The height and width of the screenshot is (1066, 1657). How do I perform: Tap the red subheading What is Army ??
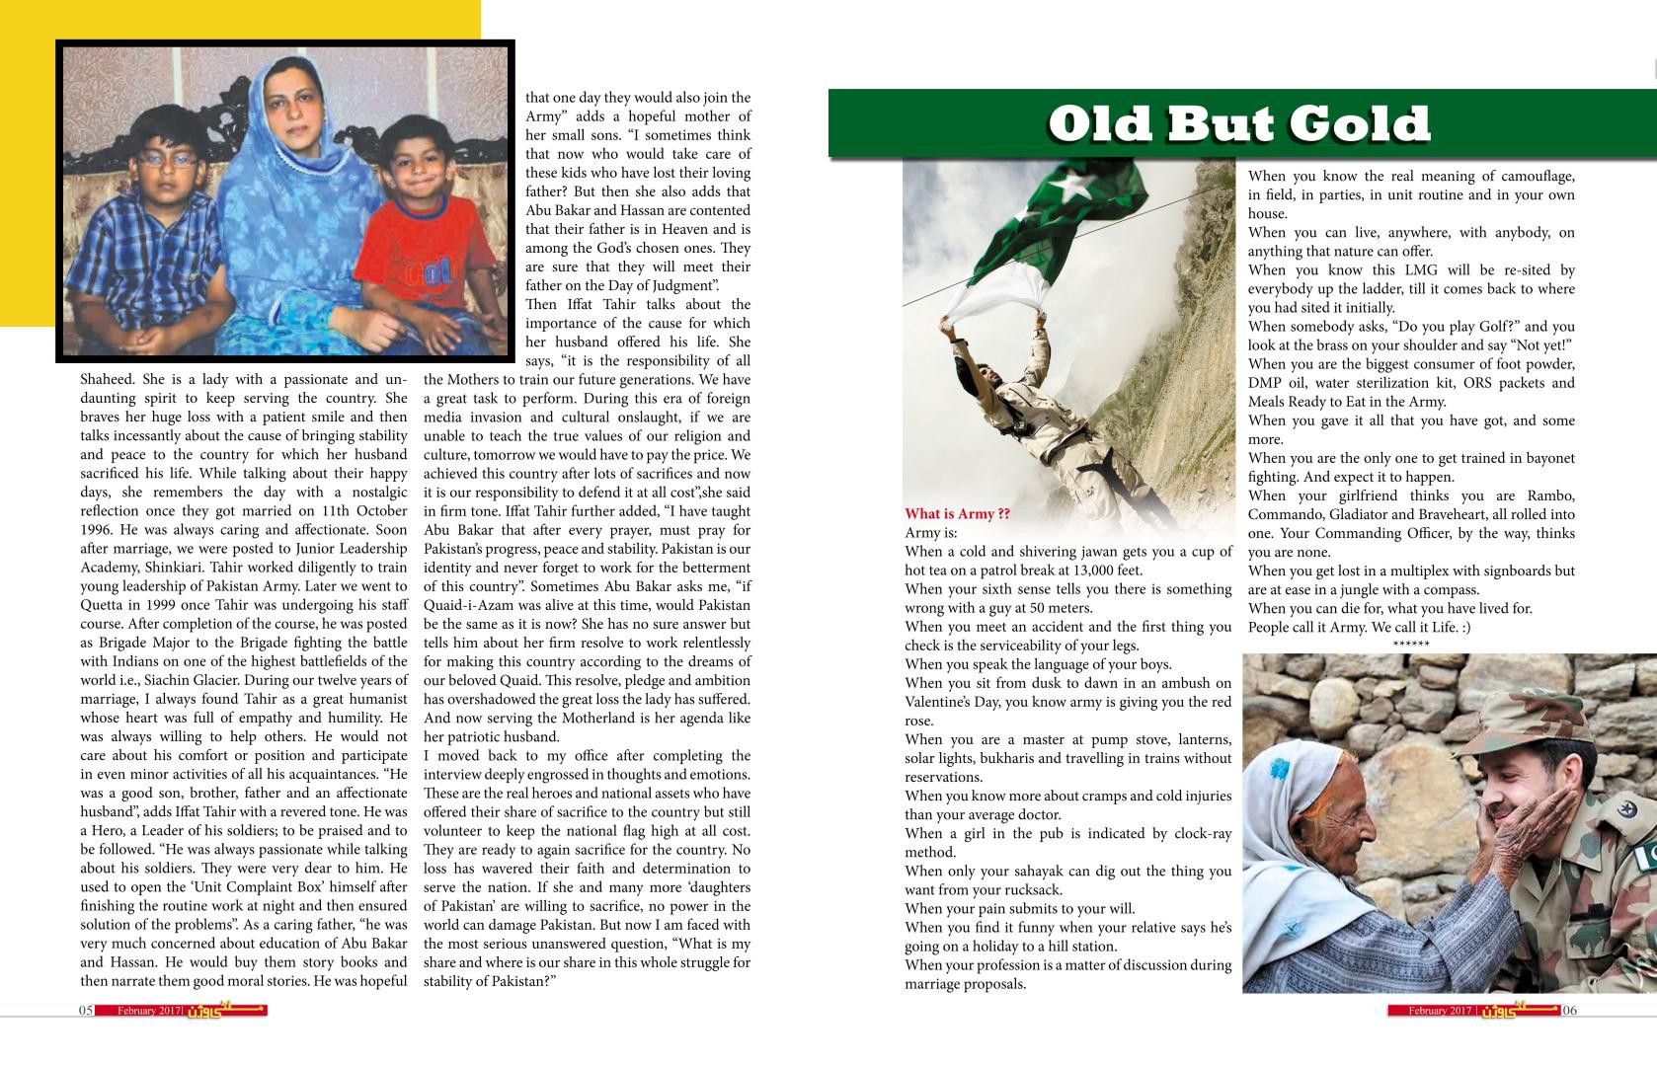coord(957,513)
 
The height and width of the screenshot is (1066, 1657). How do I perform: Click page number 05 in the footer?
coord(86,1011)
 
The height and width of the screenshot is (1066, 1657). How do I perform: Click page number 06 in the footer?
coord(1570,1011)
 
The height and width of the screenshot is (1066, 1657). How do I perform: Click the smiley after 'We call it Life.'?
coord(1463,628)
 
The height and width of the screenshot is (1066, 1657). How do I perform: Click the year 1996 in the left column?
coord(99,529)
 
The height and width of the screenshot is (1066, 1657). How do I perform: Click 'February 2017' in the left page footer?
coord(148,1011)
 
